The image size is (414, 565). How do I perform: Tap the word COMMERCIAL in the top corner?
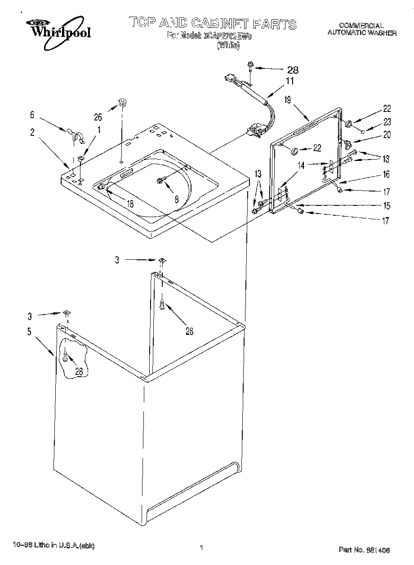361,26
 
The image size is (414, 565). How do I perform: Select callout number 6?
32,115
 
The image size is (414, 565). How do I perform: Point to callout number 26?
98,117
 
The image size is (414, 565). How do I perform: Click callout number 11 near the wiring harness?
290,81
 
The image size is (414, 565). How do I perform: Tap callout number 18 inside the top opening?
129,204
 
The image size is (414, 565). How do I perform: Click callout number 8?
177,200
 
